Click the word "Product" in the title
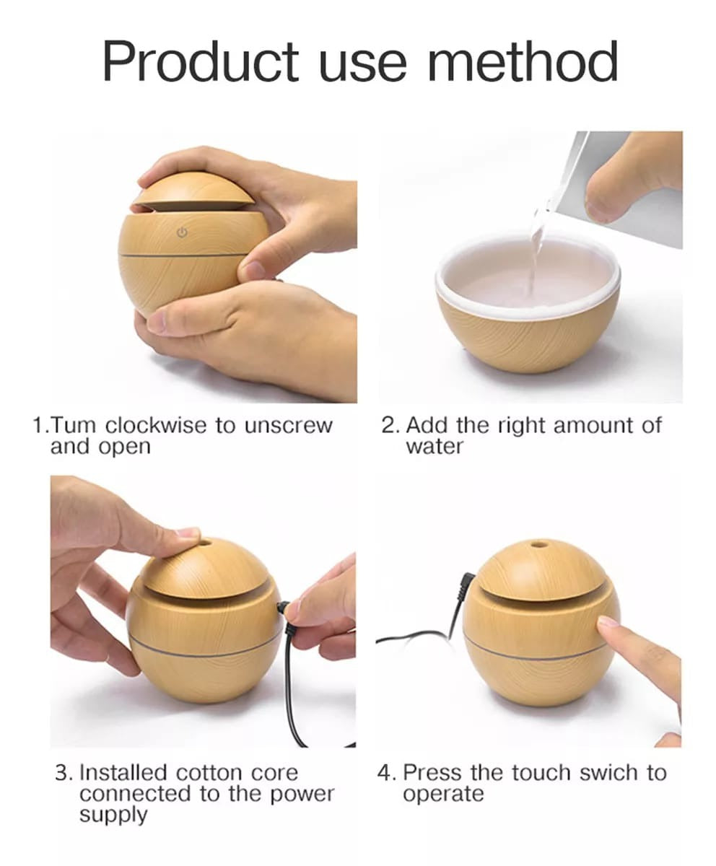click(200, 61)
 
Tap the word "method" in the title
click(523, 61)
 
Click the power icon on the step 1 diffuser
click(182, 232)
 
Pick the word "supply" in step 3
click(113, 815)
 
